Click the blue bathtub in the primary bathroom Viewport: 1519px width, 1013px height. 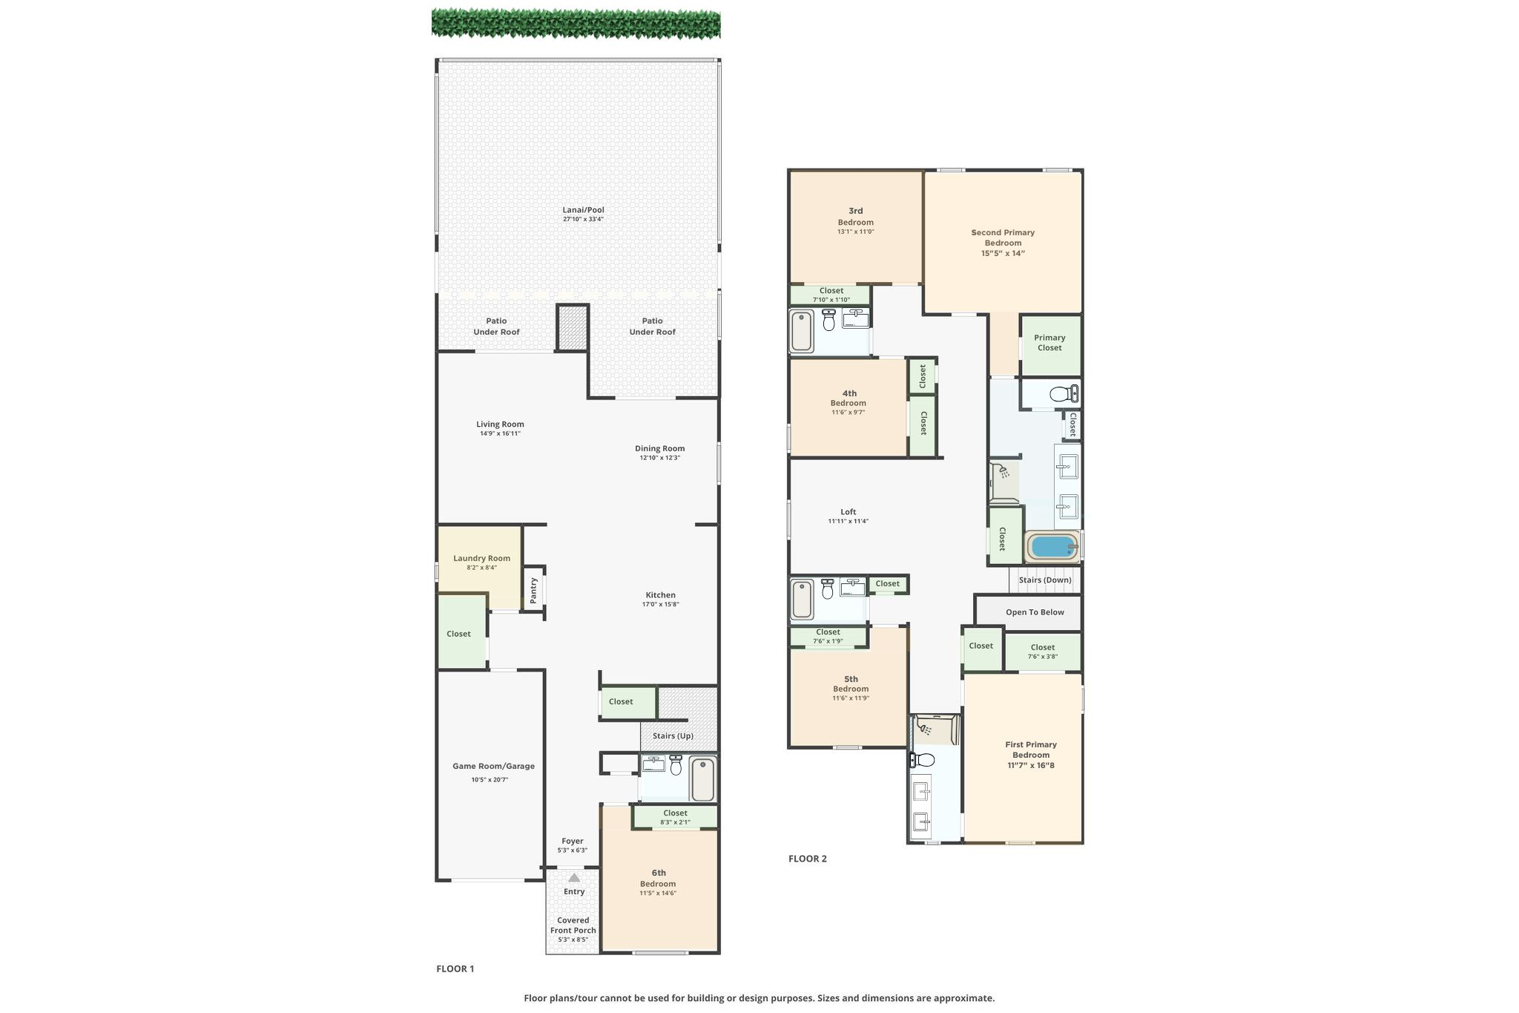[x=1052, y=547]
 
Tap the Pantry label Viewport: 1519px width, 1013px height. [x=533, y=590]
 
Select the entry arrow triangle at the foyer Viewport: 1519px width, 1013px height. [x=574, y=878]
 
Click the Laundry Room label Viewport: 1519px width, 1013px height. [x=482, y=558]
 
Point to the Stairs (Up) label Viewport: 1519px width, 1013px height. [x=673, y=736]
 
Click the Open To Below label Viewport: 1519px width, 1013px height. [x=1035, y=612]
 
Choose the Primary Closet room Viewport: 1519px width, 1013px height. [x=1050, y=345]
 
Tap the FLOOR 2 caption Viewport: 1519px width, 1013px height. [x=808, y=859]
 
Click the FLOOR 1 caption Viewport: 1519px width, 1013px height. [x=455, y=968]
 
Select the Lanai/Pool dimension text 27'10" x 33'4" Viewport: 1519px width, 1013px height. [x=583, y=219]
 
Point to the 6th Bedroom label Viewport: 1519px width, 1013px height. [x=658, y=878]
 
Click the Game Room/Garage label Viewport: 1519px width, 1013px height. [x=494, y=766]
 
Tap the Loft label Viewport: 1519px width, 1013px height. [x=849, y=512]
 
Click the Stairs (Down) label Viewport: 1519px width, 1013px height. [x=1045, y=580]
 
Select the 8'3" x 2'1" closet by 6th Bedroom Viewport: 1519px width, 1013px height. [x=675, y=817]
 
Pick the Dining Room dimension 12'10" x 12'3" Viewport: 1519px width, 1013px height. [x=659, y=458]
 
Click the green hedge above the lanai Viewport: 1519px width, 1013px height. [x=576, y=24]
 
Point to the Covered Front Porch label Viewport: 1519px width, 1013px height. [x=573, y=925]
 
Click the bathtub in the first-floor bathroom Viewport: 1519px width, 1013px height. [x=702, y=779]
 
